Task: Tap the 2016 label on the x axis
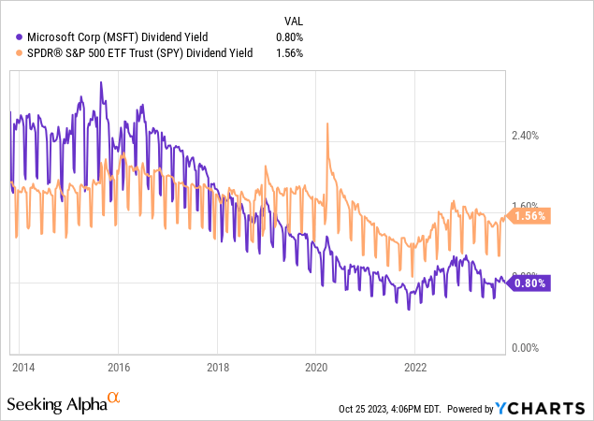pyautogui.click(x=119, y=367)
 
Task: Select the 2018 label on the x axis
pyautogui.click(x=218, y=367)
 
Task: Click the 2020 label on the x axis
pyautogui.click(x=316, y=367)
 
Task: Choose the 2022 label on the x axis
pyautogui.click(x=415, y=367)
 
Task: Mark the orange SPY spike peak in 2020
pyautogui.click(x=326, y=123)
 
